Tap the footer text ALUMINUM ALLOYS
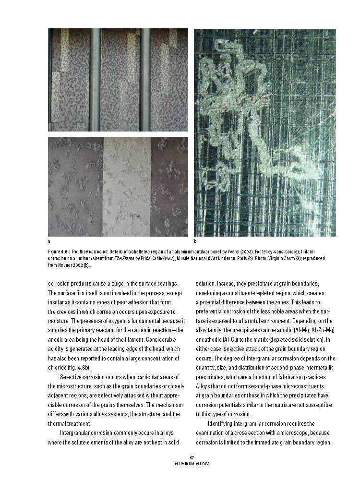(192, 464)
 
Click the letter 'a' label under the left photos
(49, 241)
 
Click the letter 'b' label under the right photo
(195, 241)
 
